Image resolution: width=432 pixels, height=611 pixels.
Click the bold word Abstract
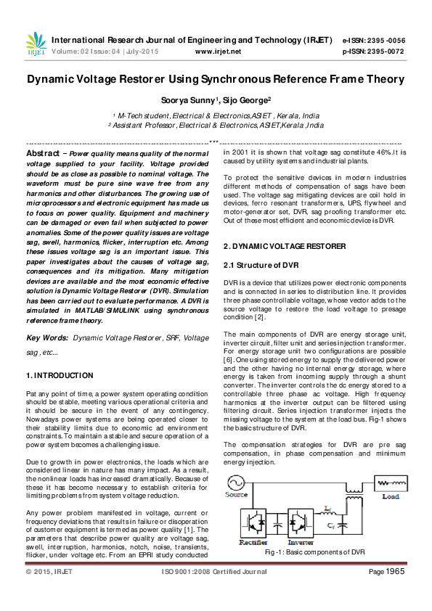(x=43, y=154)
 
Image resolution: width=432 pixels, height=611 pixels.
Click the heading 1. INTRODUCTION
(x=60, y=375)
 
